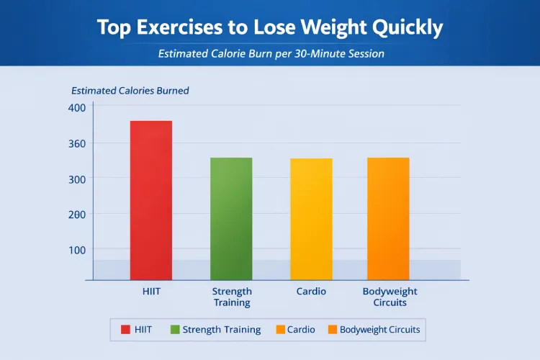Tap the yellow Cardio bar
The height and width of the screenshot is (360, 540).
(x=311, y=219)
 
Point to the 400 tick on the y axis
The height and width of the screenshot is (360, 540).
(x=76, y=107)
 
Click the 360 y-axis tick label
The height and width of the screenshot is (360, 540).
(x=76, y=143)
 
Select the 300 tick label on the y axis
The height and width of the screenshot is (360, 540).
(x=76, y=179)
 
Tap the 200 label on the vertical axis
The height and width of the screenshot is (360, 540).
(x=76, y=215)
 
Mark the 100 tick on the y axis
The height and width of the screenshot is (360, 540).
(x=76, y=250)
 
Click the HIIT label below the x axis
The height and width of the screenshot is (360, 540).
(x=150, y=292)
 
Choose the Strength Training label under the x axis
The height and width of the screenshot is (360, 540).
(x=232, y=297)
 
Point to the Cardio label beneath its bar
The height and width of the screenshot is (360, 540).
(x=311, y=292)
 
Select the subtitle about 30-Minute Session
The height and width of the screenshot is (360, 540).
(x=270, y=53)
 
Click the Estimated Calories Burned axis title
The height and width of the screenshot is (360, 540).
(x=130, y=91)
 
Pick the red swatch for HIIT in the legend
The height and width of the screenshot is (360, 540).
(x=126, y=330)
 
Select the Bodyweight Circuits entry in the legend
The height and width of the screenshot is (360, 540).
(x=374, y=330)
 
